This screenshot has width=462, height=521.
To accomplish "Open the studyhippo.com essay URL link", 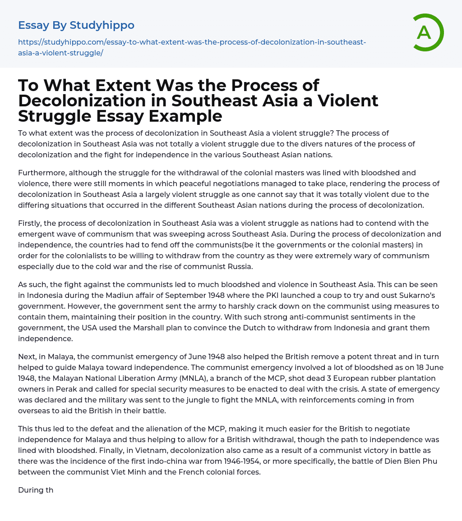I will pos(192,47).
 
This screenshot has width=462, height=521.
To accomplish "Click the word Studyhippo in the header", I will pos(102,25).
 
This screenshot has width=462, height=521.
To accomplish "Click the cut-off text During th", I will pos(36,490).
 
